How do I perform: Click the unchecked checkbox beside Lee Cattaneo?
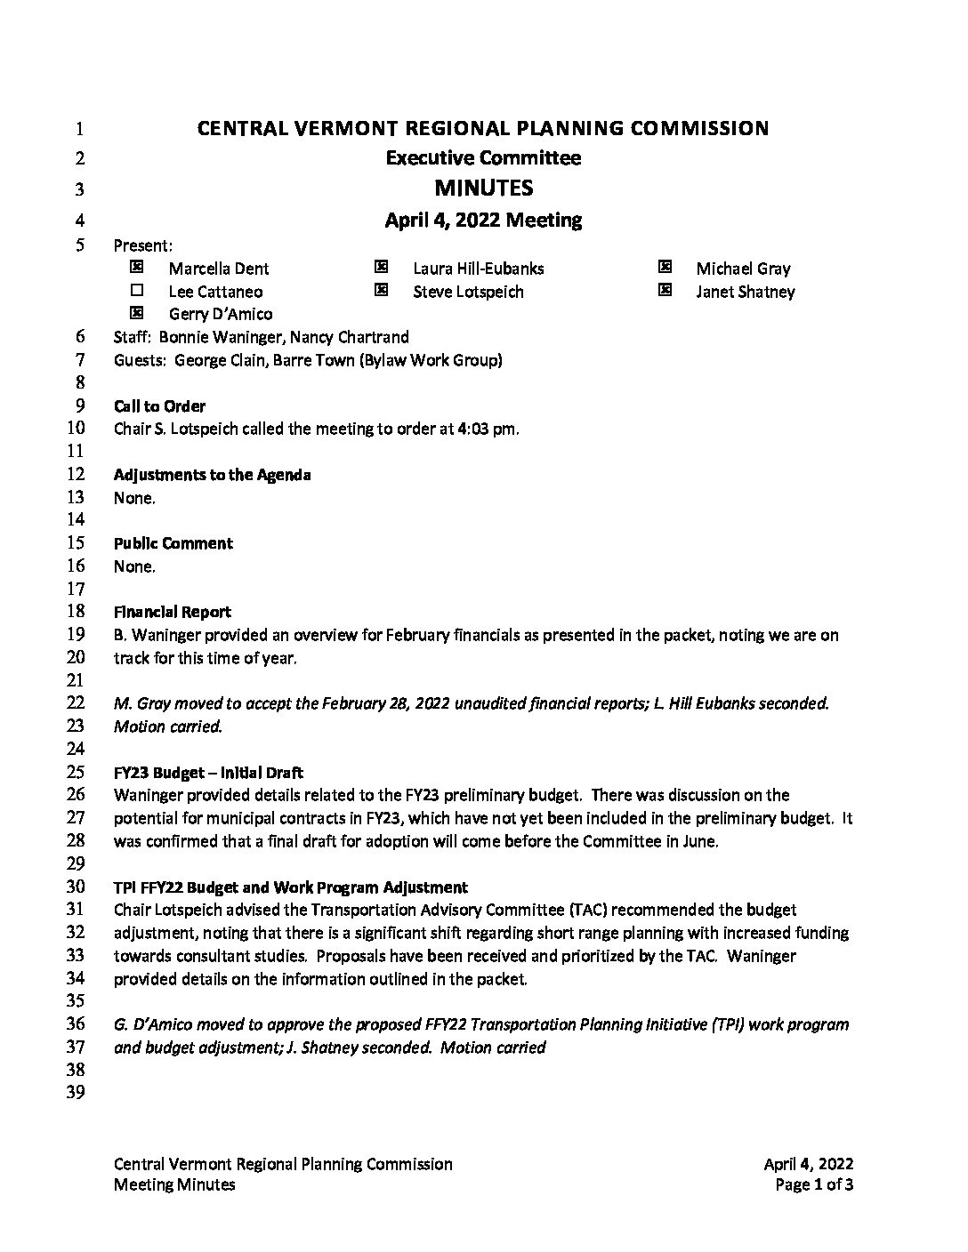(136, 290)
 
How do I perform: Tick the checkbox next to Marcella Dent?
(136, 267)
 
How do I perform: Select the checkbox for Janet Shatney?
(665, 290)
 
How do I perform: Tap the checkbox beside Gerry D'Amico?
(136, 312)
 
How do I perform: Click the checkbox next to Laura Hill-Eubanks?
(381, 267)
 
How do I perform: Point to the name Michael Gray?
(743, 269)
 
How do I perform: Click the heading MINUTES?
(483, 188)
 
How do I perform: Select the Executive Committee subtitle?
(483, 158)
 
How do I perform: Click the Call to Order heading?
(159, 406)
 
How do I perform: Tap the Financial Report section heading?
(172, 612)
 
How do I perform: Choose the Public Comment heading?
(173, 543)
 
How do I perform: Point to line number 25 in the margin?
(76, 772)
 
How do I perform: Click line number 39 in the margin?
(76, 1092)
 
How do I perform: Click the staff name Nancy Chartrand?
(349, 337)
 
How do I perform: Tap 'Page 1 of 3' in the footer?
(814, 1184)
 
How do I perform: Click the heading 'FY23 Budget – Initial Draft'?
(208, 773)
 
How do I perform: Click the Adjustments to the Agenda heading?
(212, 475)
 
